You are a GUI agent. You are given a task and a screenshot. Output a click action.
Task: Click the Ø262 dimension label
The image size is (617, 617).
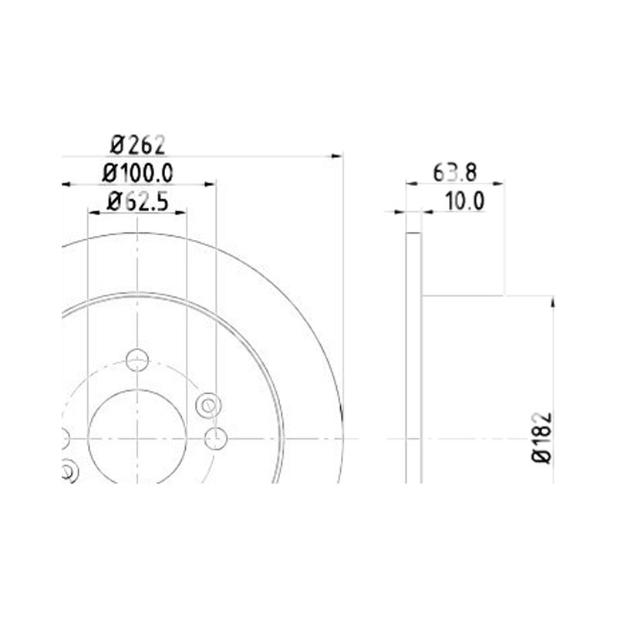[137, 145]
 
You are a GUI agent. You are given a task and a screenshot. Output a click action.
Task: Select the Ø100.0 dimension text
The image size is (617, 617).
[137, 173]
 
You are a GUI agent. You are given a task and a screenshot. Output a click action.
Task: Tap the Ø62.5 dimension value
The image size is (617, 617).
[137, 201]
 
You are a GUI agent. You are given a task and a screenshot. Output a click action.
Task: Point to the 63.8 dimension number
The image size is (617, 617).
[455, 173]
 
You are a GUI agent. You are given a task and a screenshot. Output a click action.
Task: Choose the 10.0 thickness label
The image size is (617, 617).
[465, 201]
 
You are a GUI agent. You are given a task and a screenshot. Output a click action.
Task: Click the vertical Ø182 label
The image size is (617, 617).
[542, 438]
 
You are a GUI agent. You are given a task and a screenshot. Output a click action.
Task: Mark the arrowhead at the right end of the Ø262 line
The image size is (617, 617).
[337, 157]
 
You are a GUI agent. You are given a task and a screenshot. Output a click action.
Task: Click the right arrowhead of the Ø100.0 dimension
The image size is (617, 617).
[210, 184]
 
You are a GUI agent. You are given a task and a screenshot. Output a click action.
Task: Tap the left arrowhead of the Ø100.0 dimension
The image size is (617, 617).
[66, 184]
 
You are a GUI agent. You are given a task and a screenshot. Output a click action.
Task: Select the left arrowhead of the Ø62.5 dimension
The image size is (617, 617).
[93, 213]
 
